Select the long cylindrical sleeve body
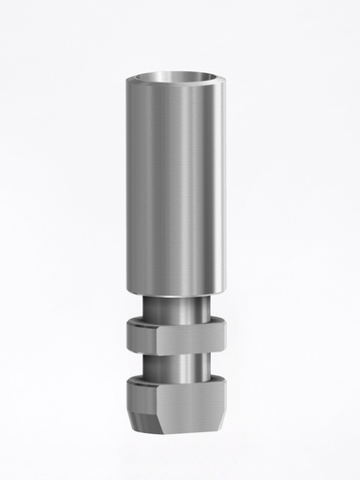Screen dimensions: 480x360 point(179,187)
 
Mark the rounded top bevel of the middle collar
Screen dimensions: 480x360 point(179,322)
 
